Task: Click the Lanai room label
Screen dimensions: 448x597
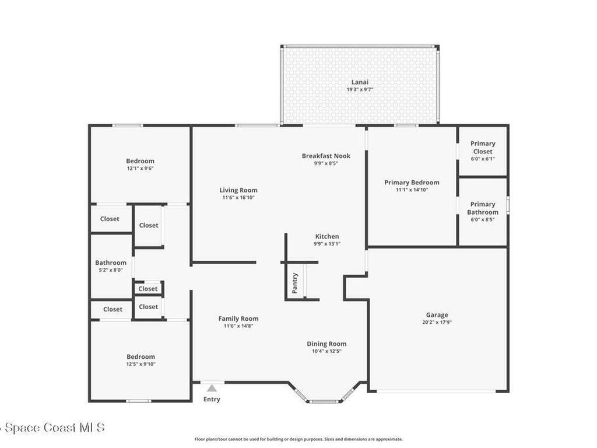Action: pyautogui.click(x=360, y=82)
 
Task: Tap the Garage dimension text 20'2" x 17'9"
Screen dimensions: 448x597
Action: pyautogui.click(x=437, y=322)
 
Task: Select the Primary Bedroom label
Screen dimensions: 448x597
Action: pyautogui.click(x=412, y=183)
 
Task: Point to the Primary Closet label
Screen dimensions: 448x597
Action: pyautogui.click(x=483, y=147)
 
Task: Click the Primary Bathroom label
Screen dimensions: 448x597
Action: pyautogui.click(x=483, y=208)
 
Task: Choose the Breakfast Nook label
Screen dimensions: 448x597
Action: pyautogui.click(x=326, y=156)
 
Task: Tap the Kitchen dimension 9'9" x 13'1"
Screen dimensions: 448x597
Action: pyautogui.click(x=326, y=244)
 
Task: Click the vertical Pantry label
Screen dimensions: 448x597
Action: pyautogui.click(x=295, y=283)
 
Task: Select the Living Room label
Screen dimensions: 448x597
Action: pyautogui.click(x=238, y=190)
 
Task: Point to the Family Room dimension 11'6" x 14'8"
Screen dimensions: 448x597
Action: pyautogui.click(x=238, y=326)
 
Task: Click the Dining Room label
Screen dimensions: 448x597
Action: pyautogui.click(x=326, y=344)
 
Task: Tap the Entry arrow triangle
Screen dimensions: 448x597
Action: pyautogui.click(x=212, y=388)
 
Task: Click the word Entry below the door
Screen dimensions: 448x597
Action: pyautogui.click(x=212, y=400)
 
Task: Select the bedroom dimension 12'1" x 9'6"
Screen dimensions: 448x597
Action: pyautogui.click(x=141, y=169)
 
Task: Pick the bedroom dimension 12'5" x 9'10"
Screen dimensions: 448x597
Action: pyautogui.click(x=141, y=364)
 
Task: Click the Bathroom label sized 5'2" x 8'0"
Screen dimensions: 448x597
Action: pyautogui.click(x=111, y=263)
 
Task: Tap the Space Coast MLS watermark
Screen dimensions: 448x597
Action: pyautogui.click(x=52, y=428)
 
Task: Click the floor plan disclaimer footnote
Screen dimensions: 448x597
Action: pyautogui.click(x=298, y=439)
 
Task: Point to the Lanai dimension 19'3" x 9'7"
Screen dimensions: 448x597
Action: pyautogui.click(x=360, y=90)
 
